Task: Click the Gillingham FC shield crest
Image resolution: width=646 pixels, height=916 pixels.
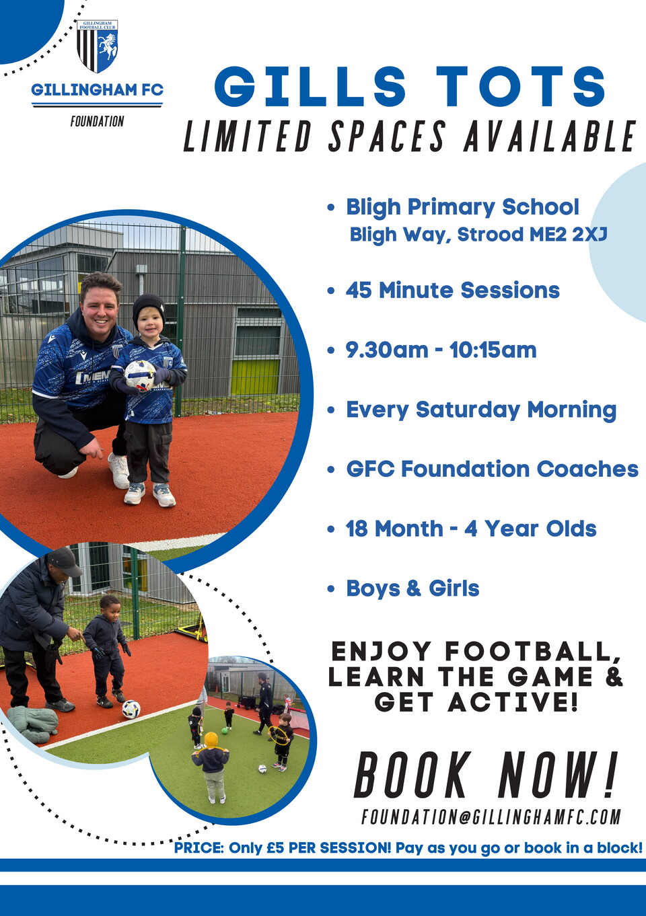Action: (97, 46)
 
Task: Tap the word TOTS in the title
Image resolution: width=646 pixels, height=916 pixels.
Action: (521, 87)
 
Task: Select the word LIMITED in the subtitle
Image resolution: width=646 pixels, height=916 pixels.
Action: (247, 137)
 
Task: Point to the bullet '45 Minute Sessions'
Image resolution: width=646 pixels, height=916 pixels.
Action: (452, 291)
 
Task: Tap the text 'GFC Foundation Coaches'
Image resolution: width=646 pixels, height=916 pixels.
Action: (492, 469)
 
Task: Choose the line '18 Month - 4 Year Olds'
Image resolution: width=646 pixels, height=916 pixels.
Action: (471, 529)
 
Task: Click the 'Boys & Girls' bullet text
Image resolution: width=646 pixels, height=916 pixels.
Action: (412, 588)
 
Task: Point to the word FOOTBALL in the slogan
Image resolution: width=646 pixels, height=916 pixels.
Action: (532, 651)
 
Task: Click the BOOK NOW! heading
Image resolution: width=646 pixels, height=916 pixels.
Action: (485, 775)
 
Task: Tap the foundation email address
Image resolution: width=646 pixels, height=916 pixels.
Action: (491, 817)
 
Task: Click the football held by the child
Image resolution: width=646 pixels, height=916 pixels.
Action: (140, 375)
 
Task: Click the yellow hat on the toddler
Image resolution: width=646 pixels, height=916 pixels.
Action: (212, 739)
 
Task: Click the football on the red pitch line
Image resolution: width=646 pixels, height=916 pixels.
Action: (131, 709)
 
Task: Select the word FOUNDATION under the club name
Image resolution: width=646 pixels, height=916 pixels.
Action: (97, 122)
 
